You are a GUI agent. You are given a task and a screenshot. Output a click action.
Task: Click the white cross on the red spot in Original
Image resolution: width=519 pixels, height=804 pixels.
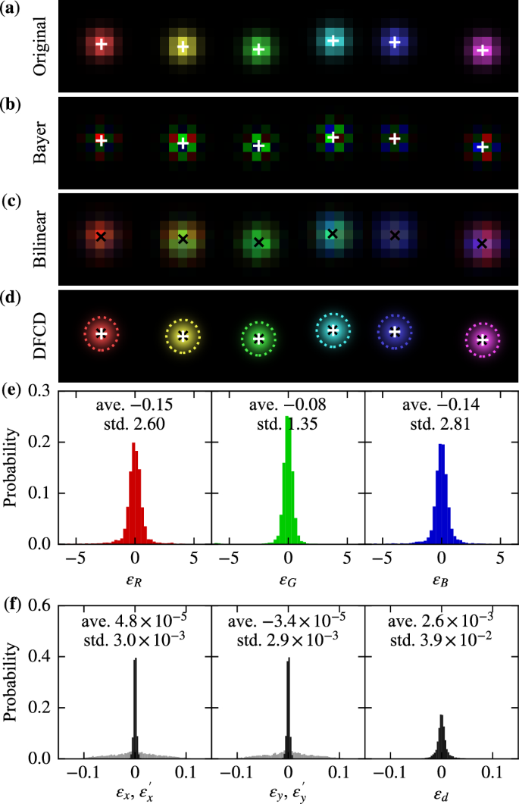[102, 45]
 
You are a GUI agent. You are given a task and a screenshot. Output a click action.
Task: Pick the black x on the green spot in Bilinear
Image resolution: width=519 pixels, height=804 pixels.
[258, 242]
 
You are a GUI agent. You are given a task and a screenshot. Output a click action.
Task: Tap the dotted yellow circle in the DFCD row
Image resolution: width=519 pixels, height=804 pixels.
[182, 336]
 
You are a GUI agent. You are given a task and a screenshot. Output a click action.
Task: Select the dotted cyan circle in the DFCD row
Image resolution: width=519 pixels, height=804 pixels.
[332, 329]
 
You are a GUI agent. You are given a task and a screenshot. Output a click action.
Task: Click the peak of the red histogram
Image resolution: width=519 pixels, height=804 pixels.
[134, 444]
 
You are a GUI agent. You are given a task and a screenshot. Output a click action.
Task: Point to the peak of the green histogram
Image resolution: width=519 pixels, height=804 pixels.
[287, 418]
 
